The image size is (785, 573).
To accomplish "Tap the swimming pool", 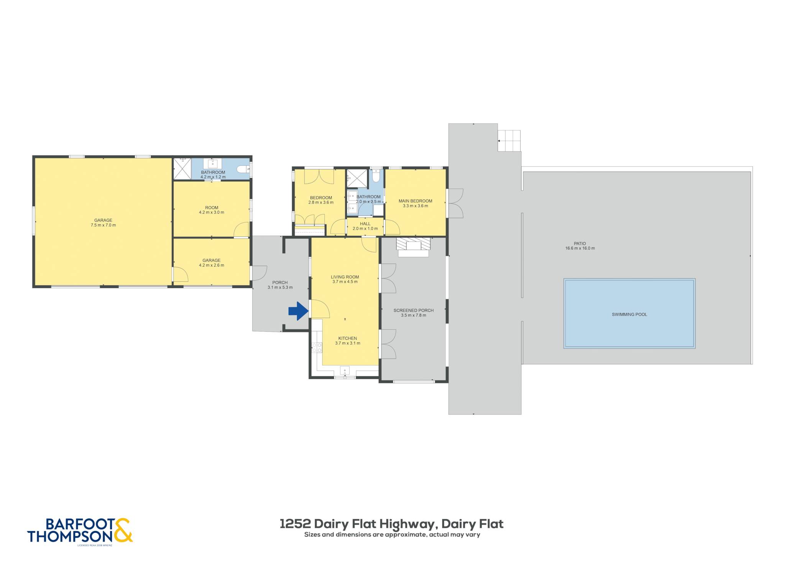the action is click(629, 313).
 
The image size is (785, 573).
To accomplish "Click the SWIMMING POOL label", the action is click(629, 314).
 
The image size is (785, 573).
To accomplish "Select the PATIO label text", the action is click(580, 244).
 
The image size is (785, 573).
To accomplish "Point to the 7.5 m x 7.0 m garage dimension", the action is click(103, 225).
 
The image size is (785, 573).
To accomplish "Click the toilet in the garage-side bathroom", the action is click(242, 169).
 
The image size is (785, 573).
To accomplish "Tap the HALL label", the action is click(365, 224).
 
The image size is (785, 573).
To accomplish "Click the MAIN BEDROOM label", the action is click(415, 201).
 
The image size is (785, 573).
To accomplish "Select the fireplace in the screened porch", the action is click(413, 247).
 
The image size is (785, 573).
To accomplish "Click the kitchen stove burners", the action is click(317, 347).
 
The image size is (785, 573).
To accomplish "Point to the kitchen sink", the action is click(345, 371).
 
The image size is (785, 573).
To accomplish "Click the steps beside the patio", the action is click(509, 141).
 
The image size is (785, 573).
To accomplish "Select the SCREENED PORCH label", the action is click(414, 311).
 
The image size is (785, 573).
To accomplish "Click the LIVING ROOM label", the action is click(345, 277).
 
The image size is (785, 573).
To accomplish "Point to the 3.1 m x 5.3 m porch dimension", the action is click(280, 287).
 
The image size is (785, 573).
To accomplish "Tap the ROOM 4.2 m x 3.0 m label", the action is click(212, 210).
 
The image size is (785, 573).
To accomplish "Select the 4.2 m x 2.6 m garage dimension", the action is click(212, 265).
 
